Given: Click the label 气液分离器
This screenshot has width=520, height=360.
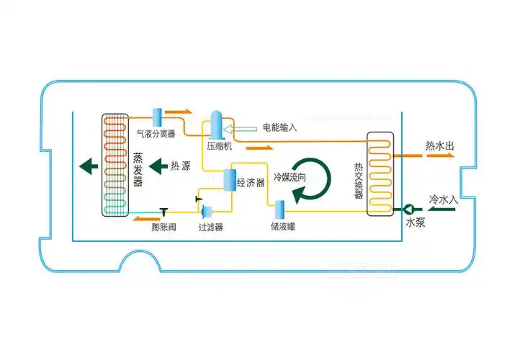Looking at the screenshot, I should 156,133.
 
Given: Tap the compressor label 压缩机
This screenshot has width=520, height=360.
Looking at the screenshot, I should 219,145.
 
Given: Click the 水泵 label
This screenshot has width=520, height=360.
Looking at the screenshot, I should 416,223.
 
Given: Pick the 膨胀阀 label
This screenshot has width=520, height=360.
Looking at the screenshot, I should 163,227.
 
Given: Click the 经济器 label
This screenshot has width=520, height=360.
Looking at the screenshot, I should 251,183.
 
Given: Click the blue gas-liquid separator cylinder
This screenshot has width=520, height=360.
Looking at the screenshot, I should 156,115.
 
